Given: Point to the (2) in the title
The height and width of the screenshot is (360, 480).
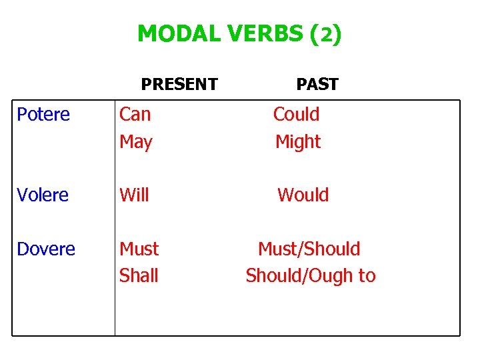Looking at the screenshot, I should click(326, 33).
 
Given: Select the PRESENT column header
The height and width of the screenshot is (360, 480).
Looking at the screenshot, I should click(179, 85).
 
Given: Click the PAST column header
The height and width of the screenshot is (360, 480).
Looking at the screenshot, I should click(317, 85).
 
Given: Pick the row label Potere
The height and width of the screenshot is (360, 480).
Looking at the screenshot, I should click(43, 115).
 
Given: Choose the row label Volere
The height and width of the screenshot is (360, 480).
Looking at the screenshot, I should click(43, 195).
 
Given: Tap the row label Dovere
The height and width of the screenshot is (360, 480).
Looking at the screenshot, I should click(46, 249).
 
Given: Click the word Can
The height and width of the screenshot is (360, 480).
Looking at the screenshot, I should click(135, 115).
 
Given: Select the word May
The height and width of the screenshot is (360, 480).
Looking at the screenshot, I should click(135, 142).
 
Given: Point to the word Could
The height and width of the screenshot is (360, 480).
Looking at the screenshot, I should click(296, 115).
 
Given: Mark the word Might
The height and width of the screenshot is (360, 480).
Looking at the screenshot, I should click(298, 142).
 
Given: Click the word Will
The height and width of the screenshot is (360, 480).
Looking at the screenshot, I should click(134, 195).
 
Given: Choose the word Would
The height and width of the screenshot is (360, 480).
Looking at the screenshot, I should click(303, 195).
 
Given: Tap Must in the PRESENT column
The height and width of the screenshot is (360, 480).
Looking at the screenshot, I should click(139, 249).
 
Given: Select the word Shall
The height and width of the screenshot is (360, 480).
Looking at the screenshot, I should click(139, 276).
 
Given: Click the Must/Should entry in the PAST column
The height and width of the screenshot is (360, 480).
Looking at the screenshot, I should click(309, 249).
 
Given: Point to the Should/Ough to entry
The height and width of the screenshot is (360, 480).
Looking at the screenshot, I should click(310, 276).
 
